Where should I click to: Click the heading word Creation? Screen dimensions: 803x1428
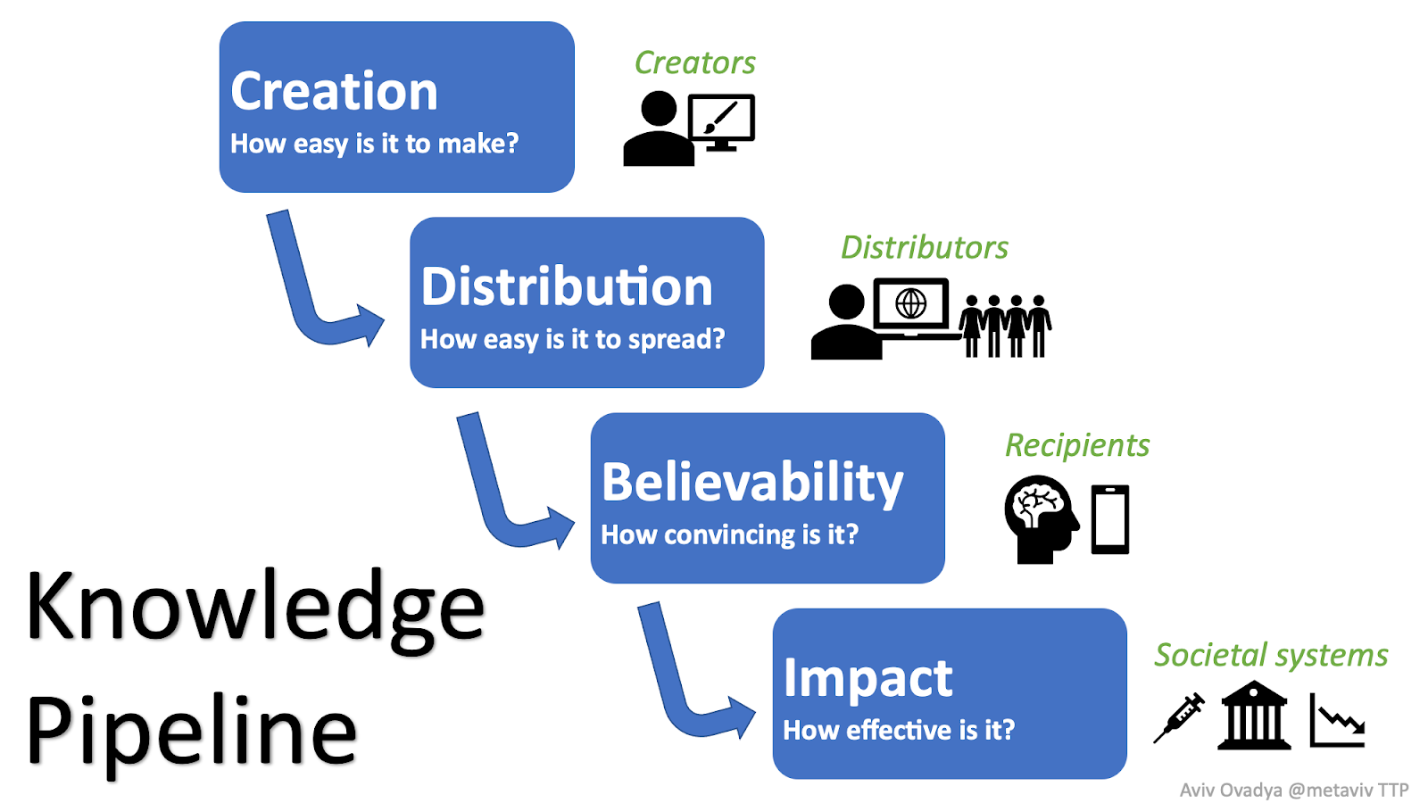pyautogui.click(x=334, y=92)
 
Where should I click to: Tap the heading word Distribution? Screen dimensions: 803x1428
pyautogui.click(x=567, y=287)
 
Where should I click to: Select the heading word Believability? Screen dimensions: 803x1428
pyautogui.click(x=752, y=483)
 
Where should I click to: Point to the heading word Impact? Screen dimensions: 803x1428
pyautogui.click(x=868, y=678)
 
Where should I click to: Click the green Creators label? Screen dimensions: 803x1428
pyautogui.click(x=694, y=63)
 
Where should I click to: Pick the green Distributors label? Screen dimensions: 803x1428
pyautogui.click(x=924, y=247)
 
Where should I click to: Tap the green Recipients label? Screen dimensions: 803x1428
pyautogui.click(x=1076, y=445)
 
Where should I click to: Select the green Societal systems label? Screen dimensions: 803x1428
pyautogui.click(x=1271, y=655)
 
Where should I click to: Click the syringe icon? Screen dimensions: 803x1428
pyautogui.click(x=1178, y=718)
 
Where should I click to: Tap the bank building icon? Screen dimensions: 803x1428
pyautogui.click(x=1254, y=716)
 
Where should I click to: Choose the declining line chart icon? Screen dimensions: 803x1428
pyautogui.click(x=1337, y=721)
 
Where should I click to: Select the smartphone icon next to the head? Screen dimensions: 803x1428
pyautogui.click(x=1110, y=519)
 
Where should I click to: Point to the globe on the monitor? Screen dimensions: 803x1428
pyautogui.click(x=910, y=304)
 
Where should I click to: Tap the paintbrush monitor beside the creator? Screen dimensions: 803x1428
pyautogui.click(x=721, y=121)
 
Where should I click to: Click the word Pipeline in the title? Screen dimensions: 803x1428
pyautogui.click(x=192, y=732)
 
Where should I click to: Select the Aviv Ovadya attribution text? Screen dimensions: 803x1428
pyautogui.click(x=1293, y=790)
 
